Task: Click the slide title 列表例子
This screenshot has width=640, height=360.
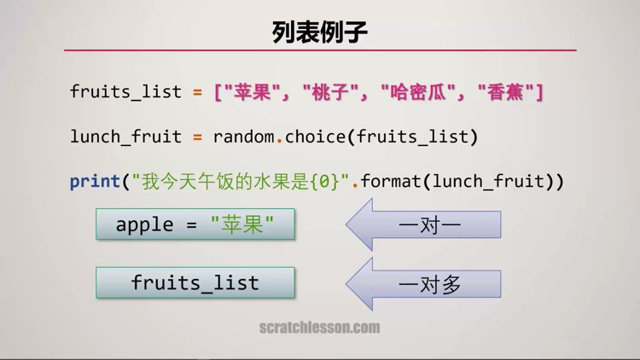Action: pyautogui.click(x=320, y=32)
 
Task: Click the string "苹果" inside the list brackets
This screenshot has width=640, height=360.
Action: pyautogui.click(x=257, y=91)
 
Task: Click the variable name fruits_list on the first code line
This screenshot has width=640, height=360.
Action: pyautogui.click(x=125, y=91)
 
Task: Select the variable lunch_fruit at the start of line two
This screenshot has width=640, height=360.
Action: pyautogui.click(x=125, y=136)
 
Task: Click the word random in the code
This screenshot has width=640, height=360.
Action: pyautogui.click(x=248, y=136)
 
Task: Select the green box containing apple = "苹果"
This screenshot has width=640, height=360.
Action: pyautogui.click(x=195, y=224)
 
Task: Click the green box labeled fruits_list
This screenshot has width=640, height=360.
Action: pyautogui.click(x=195, y=282)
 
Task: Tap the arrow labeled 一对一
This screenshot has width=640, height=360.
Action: pyautogui.click(x=424, y=225)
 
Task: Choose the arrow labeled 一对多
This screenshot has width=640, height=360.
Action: pyautogui.click(x=424, y=284)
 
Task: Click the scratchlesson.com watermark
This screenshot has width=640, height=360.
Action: pyautogui.click(x=320, y=328)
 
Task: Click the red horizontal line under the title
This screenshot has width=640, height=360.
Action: pyautogui.click(x=320, y=50)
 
